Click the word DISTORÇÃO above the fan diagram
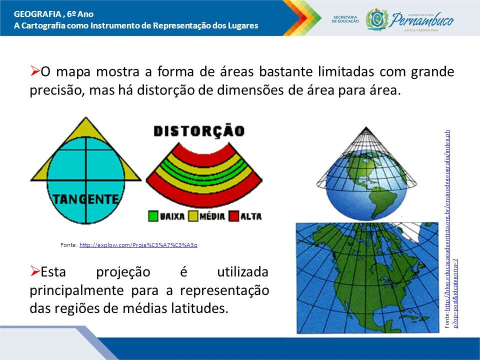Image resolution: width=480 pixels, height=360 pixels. click(x=199, y=130)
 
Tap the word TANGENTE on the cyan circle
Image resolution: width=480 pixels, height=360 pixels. click(x=85, y=199)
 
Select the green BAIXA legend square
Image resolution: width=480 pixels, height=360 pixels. click(x=153, y=216)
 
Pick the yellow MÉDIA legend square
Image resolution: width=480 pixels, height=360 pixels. click(x=193, y=216)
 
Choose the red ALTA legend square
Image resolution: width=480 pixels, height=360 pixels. click(x=234, y=216)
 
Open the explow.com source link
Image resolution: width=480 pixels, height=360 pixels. click(x=138, y=245)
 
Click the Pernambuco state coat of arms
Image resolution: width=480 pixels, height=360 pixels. click(x=377, y=19)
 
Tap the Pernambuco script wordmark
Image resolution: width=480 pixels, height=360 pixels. click(x=422, y=20)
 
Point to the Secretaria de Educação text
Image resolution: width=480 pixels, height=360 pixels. click(x=345, y=19)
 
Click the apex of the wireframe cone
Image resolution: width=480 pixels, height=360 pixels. click(x=366, y=127)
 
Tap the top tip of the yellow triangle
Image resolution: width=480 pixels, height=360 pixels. click(x=85, y=117)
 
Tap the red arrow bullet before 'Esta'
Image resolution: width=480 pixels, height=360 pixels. click(x=35, y=270)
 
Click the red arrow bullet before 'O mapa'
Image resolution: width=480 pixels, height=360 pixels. click(x=35, y=71)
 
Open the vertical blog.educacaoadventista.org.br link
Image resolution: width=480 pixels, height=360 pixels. click(x=450, y=229)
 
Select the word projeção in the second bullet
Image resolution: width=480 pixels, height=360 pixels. click(x=123, y=272)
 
